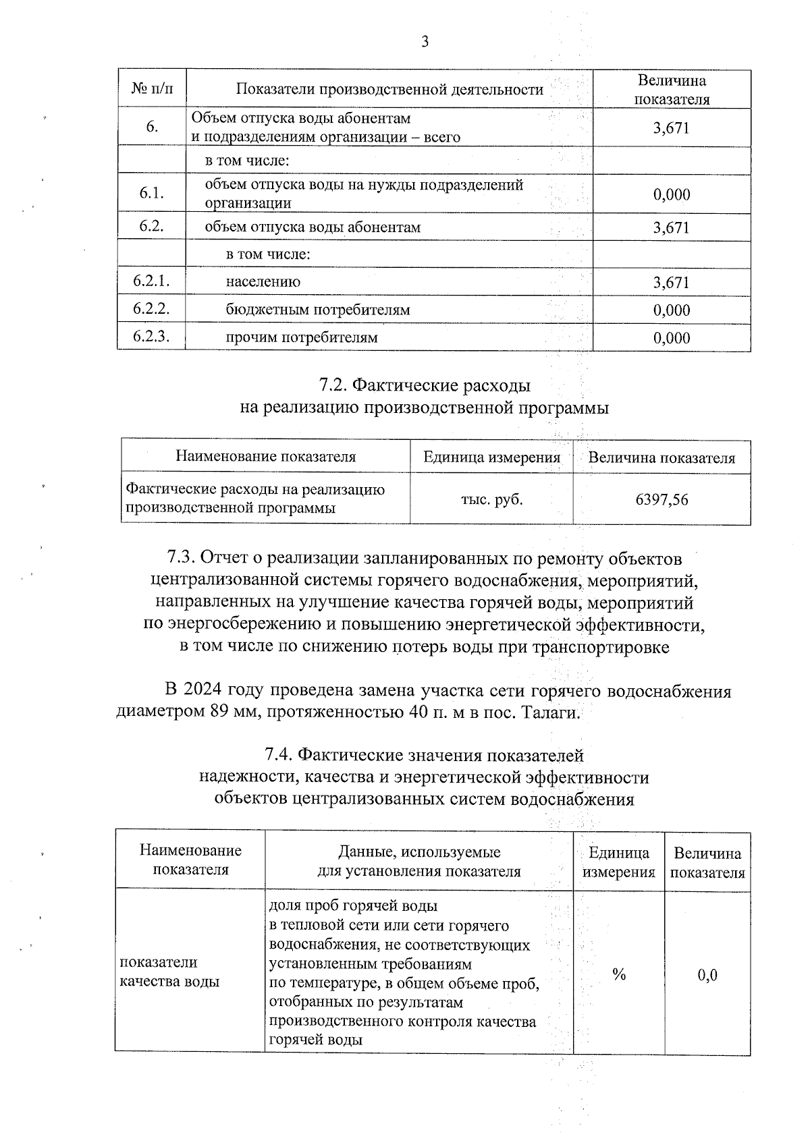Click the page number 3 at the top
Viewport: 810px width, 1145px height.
(425, 43)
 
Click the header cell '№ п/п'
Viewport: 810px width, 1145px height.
(152, 89)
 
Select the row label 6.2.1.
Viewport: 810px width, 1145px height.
(151, 281)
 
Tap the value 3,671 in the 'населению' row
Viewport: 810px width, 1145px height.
(671, 283)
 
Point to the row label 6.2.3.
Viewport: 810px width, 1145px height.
(151, 337)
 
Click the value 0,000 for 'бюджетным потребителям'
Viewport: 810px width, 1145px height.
(671, 310)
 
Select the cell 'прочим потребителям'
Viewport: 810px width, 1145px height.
(301, 337)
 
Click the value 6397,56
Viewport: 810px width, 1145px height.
(661, 500)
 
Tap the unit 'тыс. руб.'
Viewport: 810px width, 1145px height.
(491, 500)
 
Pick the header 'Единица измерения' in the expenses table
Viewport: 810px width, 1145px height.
(491, 457)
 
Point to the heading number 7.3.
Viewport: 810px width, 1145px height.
(181, 559)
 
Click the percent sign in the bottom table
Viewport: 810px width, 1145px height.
(618, 974)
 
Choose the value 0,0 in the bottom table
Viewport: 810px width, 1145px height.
(707, 975)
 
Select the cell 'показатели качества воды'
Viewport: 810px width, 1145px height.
(169, 972)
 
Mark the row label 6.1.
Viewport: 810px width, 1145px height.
(151, 194)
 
